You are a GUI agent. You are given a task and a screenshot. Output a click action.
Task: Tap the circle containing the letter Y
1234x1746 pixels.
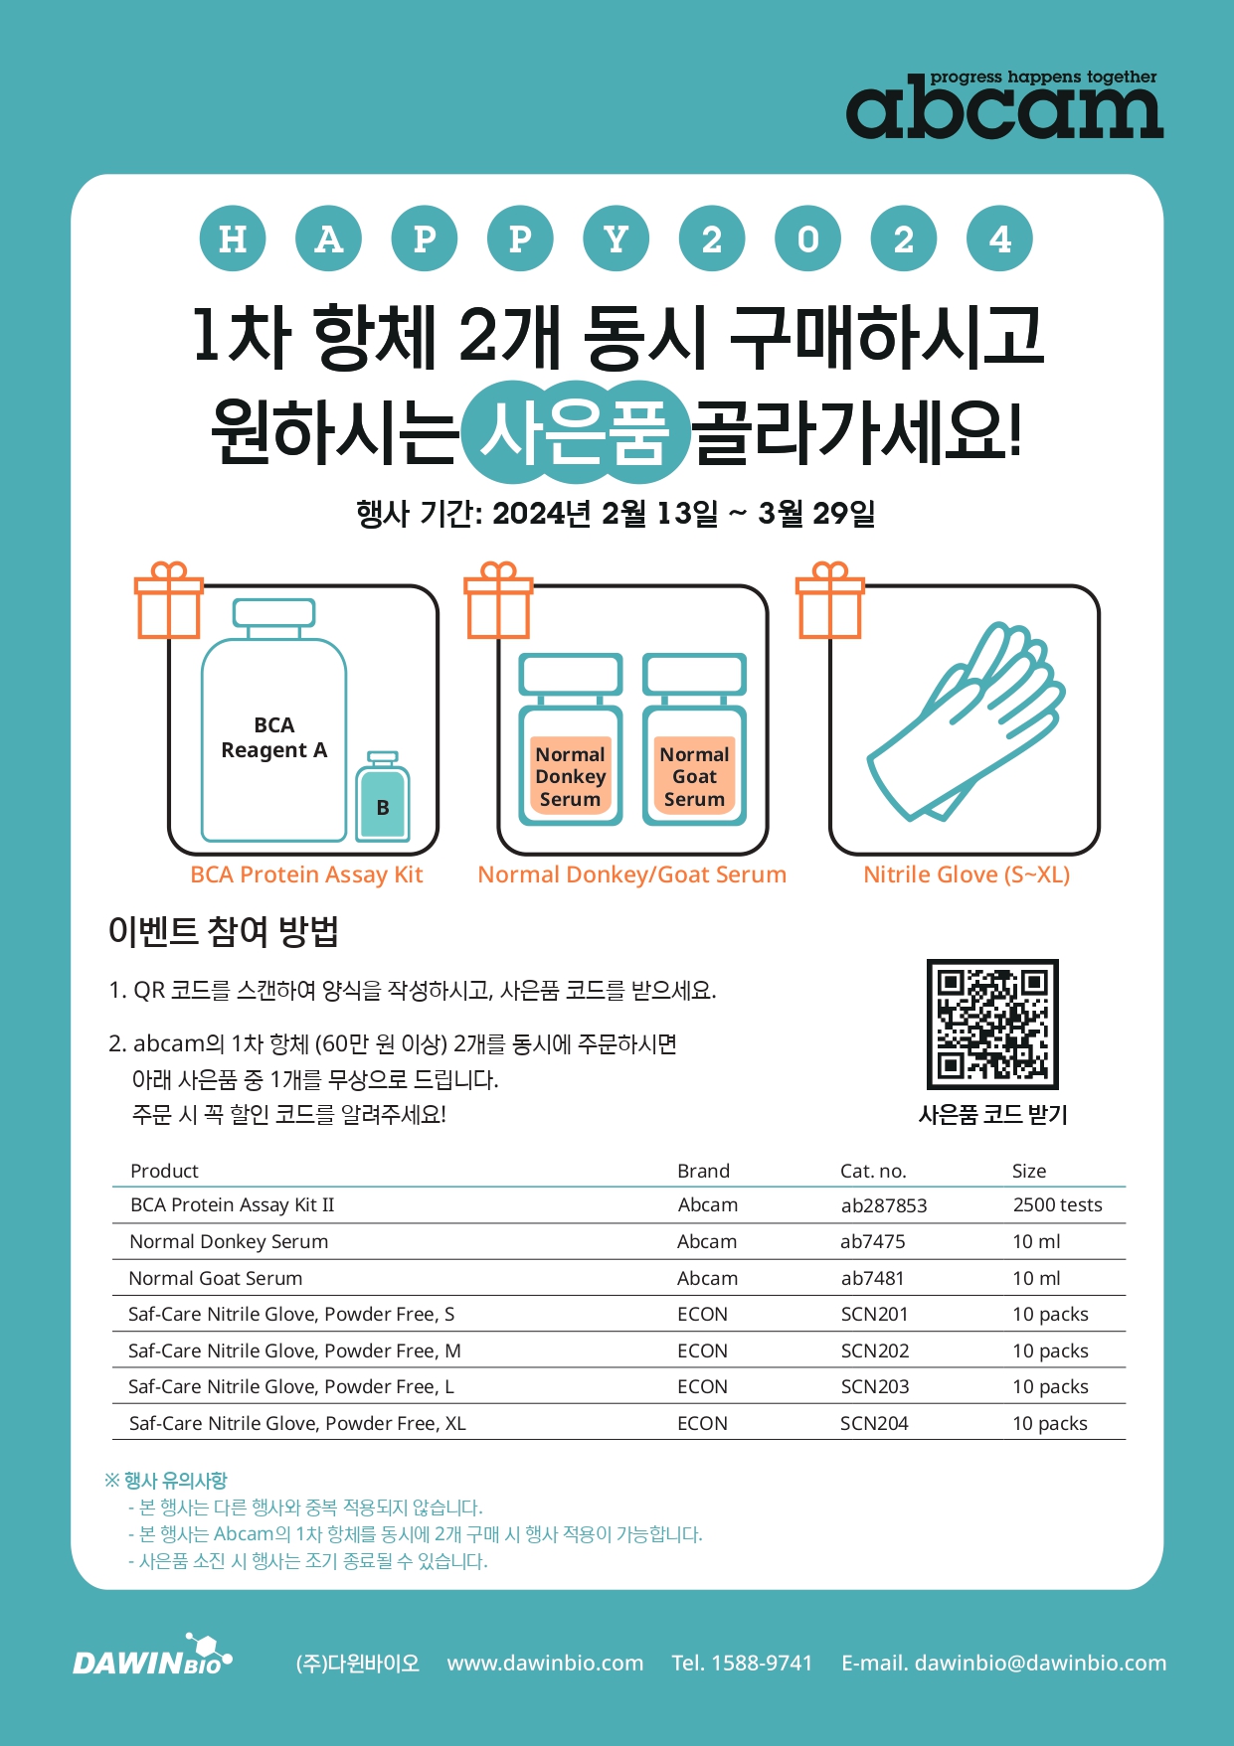point(617,238)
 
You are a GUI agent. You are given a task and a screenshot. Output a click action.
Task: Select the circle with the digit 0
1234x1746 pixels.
point(808,238)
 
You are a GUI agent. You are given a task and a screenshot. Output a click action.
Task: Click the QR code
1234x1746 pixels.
point(992,1024)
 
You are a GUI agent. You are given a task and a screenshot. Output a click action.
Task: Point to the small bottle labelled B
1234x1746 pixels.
point(383,796)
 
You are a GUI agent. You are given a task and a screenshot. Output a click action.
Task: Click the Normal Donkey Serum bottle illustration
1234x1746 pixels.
point(571,739)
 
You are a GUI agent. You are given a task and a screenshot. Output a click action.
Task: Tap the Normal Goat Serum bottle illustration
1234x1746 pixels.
point(694,739)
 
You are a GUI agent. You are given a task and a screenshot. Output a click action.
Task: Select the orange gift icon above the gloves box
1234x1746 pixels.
point(829,600)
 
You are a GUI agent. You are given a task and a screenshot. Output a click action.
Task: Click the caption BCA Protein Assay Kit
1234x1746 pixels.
point(306,875)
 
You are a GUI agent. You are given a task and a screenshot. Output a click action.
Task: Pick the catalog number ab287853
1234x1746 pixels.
point(884,1205)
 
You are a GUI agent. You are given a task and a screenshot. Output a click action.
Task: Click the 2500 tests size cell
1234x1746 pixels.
point(1057,1205)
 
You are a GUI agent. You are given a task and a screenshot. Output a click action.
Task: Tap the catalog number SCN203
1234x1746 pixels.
point(875,1386)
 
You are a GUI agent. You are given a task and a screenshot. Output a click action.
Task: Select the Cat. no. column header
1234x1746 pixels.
point(873,1171)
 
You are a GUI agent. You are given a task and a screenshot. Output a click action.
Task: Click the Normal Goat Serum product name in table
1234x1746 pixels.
point(216,1278)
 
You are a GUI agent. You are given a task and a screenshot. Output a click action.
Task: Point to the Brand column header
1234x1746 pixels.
point(703,1171)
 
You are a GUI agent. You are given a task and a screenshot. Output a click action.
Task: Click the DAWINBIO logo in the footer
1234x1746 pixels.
point(152,1656)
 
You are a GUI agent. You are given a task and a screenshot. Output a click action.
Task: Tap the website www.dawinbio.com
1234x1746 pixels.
point(545,1663)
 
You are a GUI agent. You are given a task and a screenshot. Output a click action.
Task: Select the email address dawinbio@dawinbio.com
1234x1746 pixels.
point(1040,1663)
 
